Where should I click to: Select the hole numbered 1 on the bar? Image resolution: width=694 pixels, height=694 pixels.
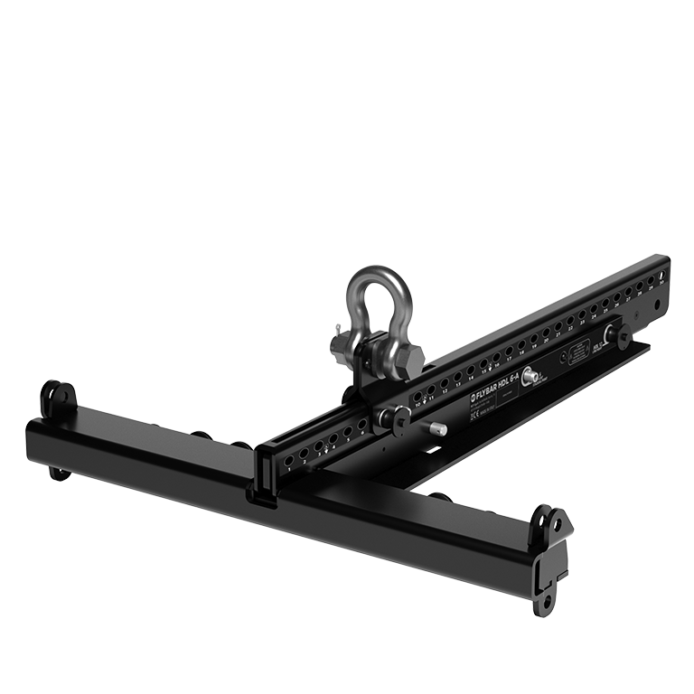pos(288,459)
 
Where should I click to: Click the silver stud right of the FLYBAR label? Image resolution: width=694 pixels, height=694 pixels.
pos(530,377)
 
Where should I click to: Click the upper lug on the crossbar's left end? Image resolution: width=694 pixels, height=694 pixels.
pos(59,398)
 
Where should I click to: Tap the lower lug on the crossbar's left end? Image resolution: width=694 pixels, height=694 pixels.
pos(59,471)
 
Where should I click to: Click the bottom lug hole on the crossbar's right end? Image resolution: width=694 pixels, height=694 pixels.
pos(547,599)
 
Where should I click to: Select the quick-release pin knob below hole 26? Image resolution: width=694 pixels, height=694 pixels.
pos(623,333)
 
